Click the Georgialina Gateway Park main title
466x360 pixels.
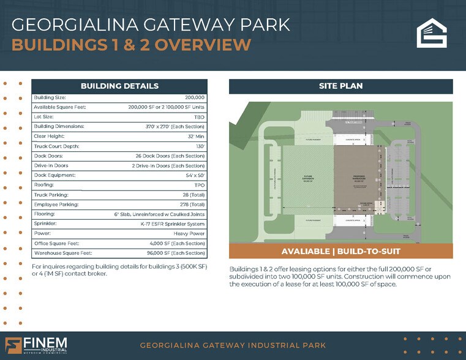[x=151, y=25]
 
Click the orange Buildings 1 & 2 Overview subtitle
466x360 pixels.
[x=131, y=45]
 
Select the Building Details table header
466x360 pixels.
[x=119, y=86]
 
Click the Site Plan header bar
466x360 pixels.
[x=340, y=86]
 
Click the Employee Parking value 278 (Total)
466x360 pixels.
[x=188, y=204]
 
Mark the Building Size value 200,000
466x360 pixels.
[x=194, y=98]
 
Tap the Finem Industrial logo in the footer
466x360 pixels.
[x=37, y=345]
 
